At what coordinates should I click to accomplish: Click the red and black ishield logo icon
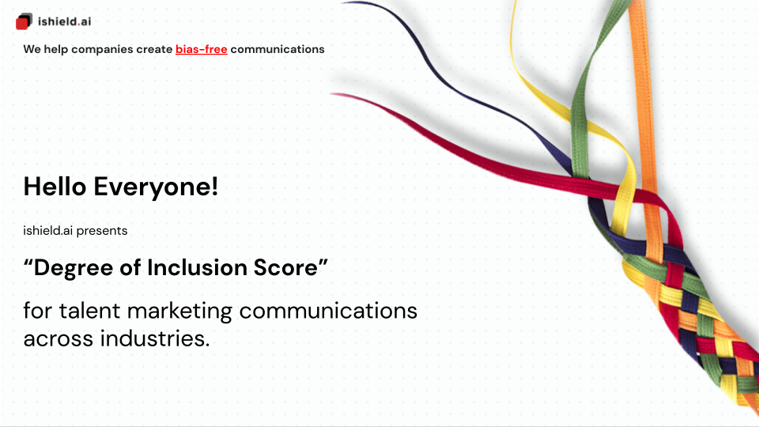tap(24, 21)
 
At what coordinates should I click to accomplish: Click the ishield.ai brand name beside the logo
tap(64, 21)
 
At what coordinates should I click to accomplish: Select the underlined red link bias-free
tap(202, 49)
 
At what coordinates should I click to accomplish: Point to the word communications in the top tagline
tap(278, 49)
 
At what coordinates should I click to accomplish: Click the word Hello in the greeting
tap(55, 187)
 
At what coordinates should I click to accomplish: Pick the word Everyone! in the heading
tap(156, 187)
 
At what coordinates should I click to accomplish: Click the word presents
tap(102, 231)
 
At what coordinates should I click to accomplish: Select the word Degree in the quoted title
tap(73, 268)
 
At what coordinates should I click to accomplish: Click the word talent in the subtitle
tap(89, 310)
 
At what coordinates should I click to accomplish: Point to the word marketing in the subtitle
tap(179, 312)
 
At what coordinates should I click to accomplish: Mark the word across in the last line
tap(58, 339)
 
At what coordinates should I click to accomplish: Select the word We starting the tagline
tap(32, 49)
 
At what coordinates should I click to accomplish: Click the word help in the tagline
tap(55, 49)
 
